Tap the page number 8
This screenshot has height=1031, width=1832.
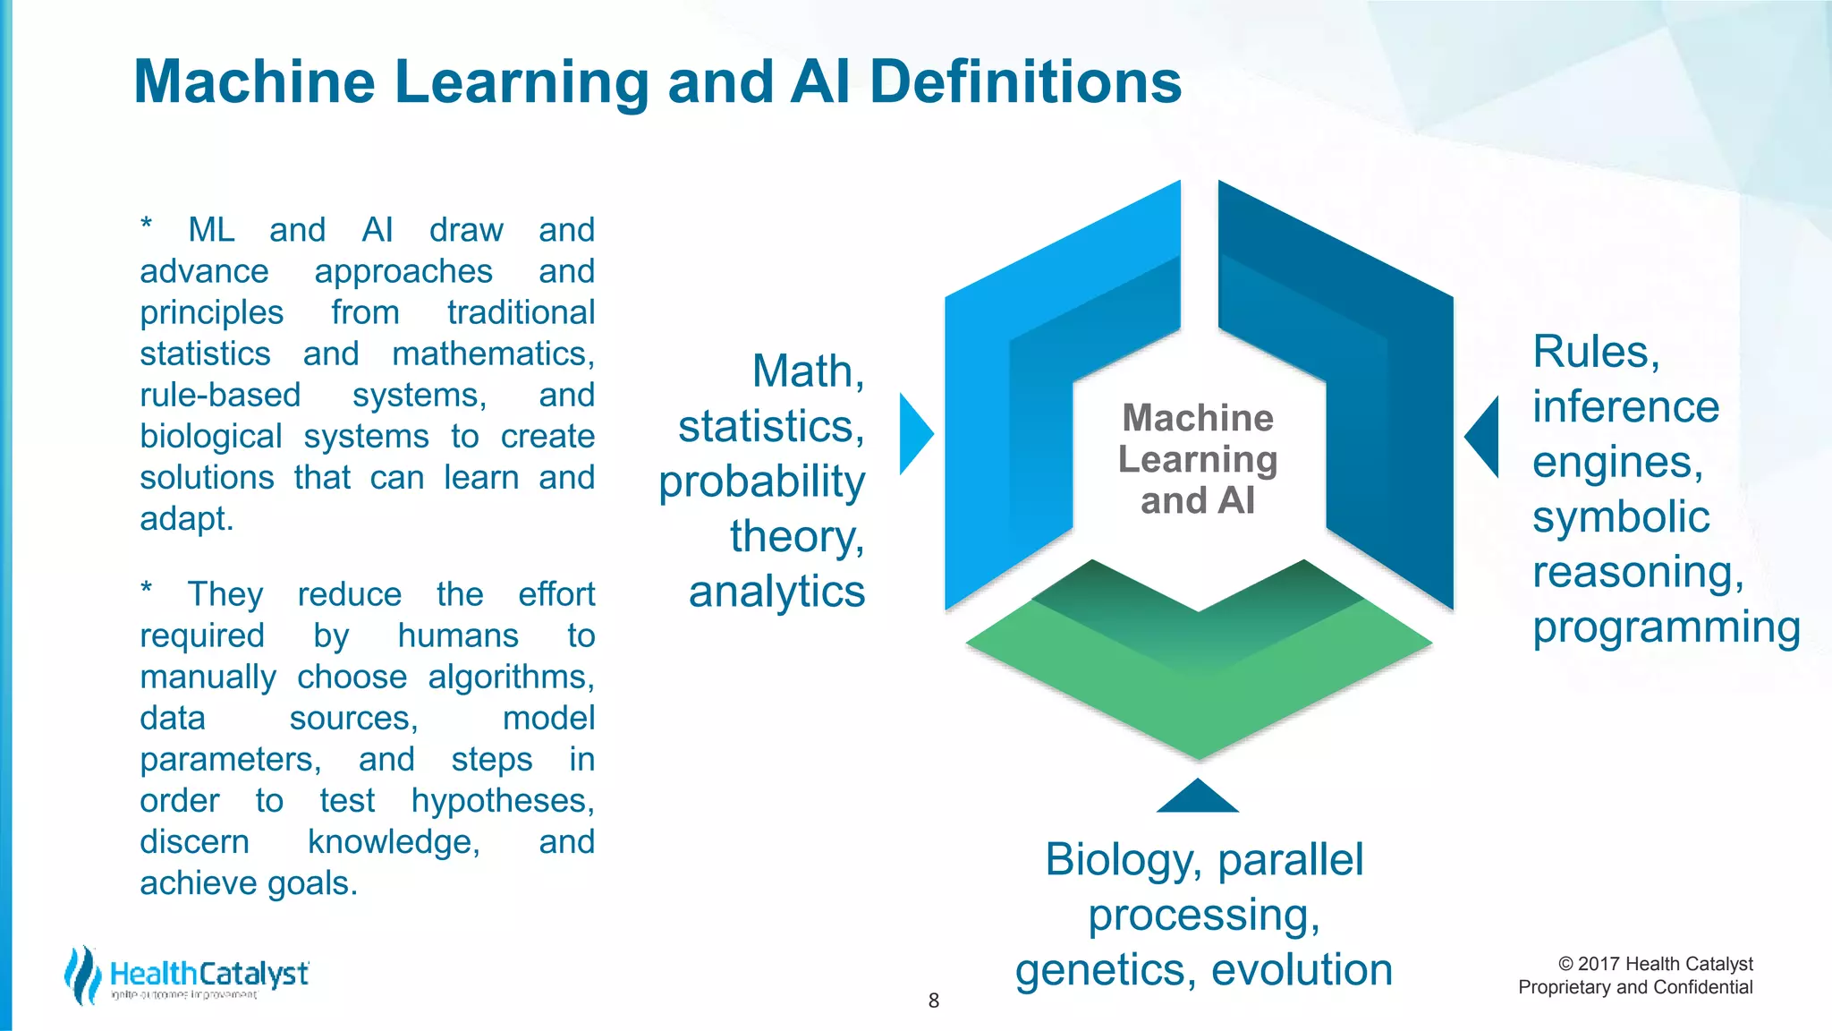(933, 1001)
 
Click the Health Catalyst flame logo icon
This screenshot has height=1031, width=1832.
(82, 975)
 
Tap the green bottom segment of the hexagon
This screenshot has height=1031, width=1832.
(1199, 680)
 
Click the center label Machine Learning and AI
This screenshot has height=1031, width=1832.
(1198, 459)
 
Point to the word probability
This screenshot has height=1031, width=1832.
(762, 481)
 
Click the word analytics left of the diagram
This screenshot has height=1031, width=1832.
(776, 592)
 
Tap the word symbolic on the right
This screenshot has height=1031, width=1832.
(1620, 517)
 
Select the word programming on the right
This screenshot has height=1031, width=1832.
(1666, 627)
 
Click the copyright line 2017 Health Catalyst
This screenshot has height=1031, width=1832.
(1655, 964)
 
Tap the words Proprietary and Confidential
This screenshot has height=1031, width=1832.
(1635, 987)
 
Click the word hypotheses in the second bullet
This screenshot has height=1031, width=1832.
(503, 801)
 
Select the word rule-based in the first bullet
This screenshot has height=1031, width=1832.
(220, 396)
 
